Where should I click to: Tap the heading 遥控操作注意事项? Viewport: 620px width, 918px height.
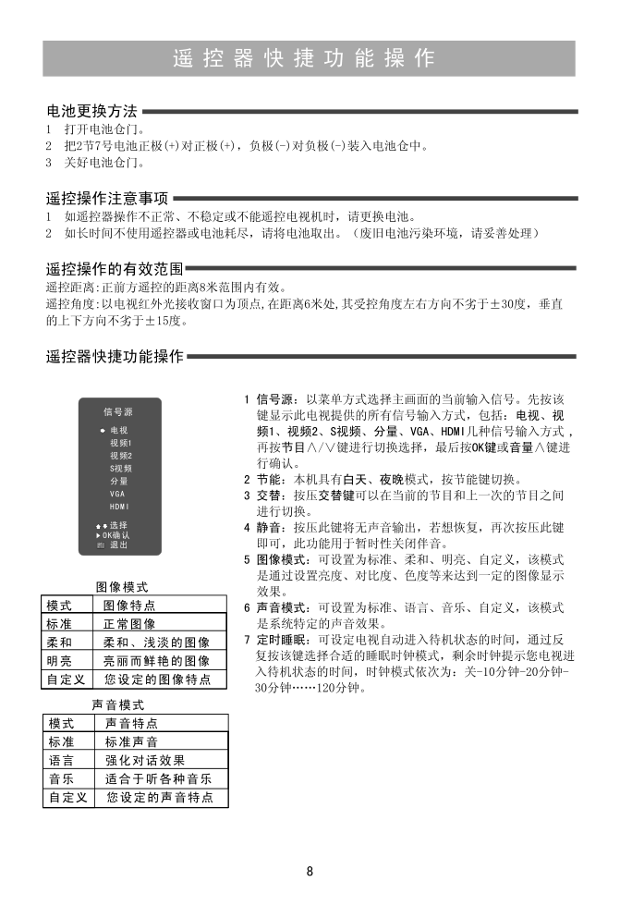pyautogui.click(x=107, y=198)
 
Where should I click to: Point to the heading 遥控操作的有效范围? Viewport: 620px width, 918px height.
pyautogui.click(x=114, y=269)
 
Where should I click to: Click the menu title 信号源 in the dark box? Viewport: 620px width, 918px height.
pyautogui.click(x=117, y=411)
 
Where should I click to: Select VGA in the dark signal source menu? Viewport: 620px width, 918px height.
pyautogui.click(x=117, y=494)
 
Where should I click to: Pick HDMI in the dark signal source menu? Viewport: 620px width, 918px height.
pyautogui.click(x=119, y=507)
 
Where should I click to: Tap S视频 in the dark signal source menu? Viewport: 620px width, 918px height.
pyautogui.click(x=120, y=469)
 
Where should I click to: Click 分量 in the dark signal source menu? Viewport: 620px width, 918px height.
pyautogui.click(x=118, y=482)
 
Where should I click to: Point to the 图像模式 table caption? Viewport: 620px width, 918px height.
pyautogui.click(x=122, y=587)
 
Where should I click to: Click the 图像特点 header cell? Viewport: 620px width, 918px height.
pyautogui.click(x=129, y=606)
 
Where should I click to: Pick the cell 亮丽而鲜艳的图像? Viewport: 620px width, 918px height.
pyautogui.click(x=156, y=661)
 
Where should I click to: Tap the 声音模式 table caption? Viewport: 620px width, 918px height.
pyautogui.click(x=117, y=704)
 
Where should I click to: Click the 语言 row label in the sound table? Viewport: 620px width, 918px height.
pyautogui.click(x=61, y=760)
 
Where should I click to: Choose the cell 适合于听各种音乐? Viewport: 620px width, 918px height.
pyautogui.click(x=159, y=778)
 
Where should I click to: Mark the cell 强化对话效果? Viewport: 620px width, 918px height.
pyautogui.click(x=145, y=760)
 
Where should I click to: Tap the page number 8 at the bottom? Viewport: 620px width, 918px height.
pyautogui.click(x=310, y=871)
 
